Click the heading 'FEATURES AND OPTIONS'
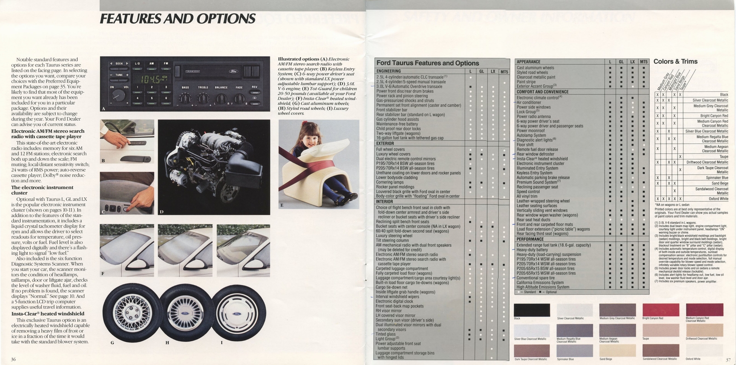(178, 19)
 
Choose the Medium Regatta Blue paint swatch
(573, 330)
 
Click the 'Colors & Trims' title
(675, 62)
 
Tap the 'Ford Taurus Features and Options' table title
(427, 63)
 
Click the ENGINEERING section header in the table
(389, 71)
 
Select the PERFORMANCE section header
(530, 239)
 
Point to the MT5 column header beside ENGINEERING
(504, 72)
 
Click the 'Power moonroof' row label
(530, 131)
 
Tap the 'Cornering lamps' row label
(390, 182)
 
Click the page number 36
(14, 359)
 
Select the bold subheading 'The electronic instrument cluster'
(42, 190)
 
